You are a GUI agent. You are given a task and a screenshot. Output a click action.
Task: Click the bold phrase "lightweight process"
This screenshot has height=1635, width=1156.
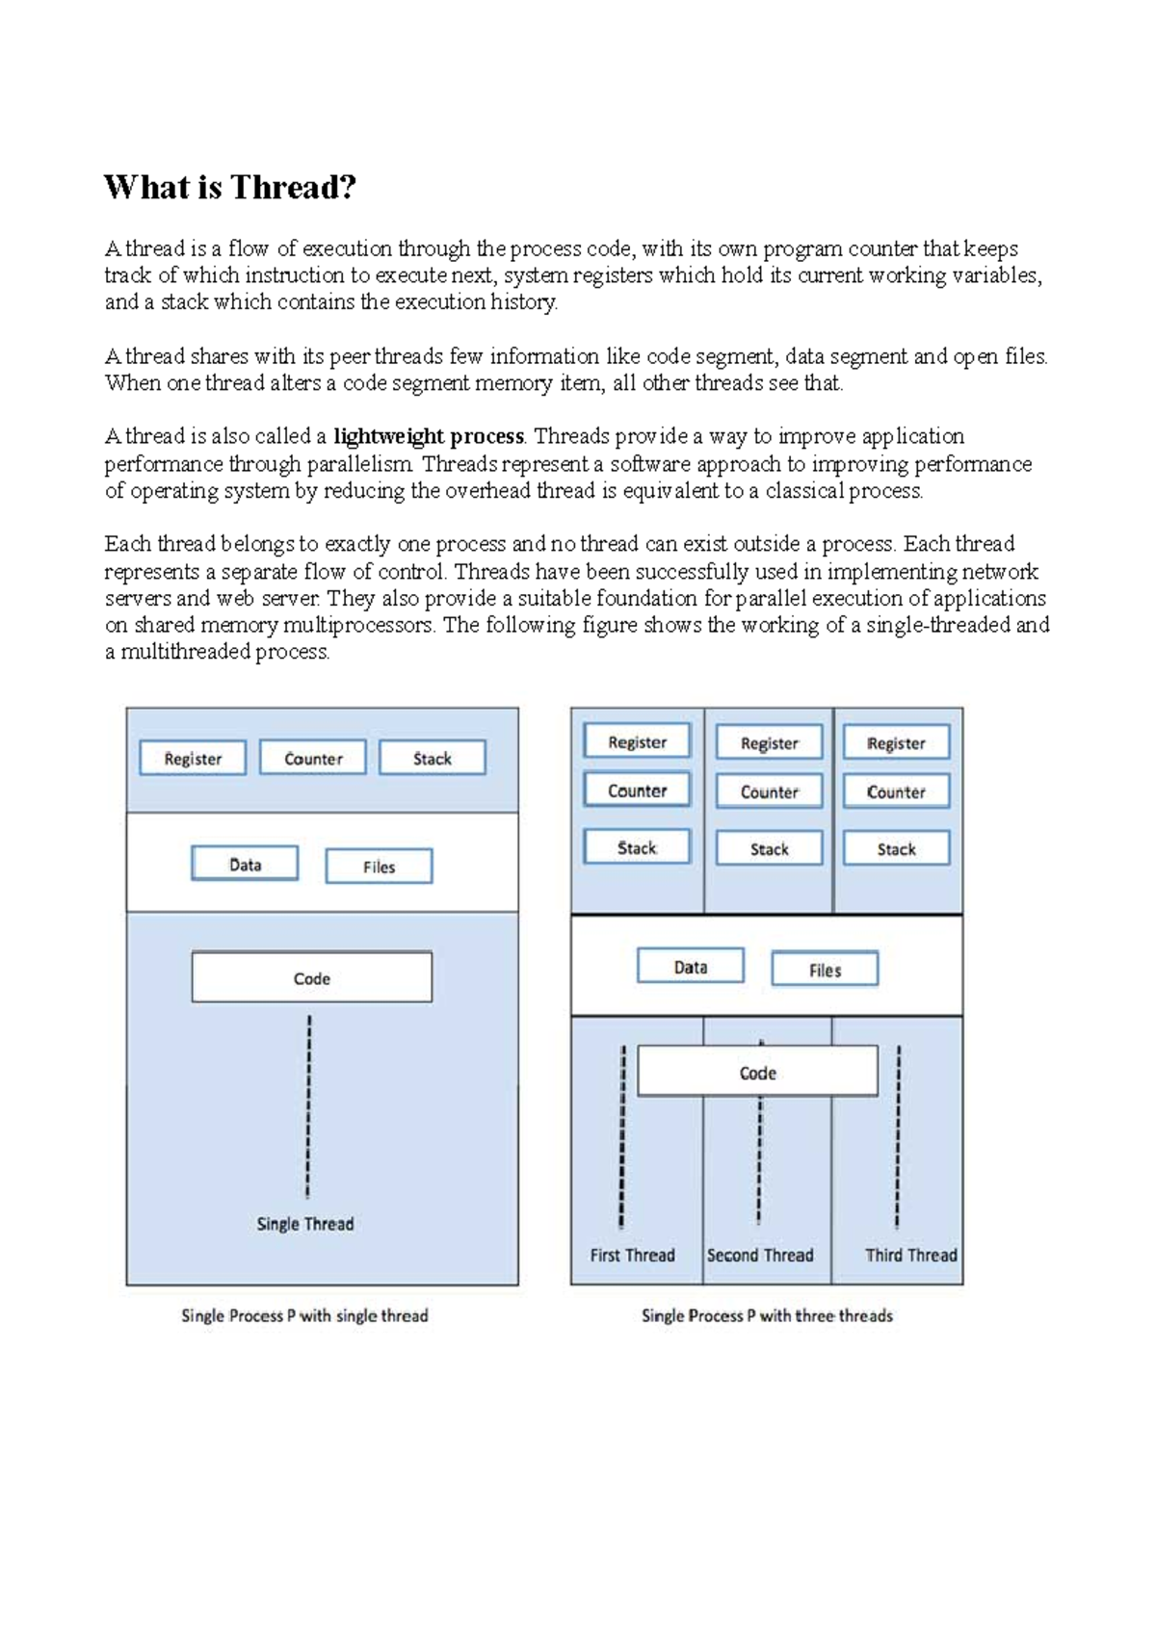click(428, 436)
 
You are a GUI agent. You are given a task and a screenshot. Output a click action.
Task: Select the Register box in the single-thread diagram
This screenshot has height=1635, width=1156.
click(193, 759)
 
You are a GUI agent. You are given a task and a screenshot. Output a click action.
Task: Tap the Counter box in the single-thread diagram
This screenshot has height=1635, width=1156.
click(313, 759)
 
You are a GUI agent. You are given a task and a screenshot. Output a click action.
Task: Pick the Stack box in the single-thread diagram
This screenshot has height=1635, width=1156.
click(433, 759)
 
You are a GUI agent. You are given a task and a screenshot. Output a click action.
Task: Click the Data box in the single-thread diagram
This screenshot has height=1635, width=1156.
click(245, 865)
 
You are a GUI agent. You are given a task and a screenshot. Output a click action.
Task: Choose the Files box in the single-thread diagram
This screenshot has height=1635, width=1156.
click(379, 867)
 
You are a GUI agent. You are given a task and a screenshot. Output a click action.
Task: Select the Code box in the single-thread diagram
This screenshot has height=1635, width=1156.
click(312, 978)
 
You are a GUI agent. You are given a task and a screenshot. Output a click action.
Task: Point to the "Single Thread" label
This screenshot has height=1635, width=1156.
click(304, 1224)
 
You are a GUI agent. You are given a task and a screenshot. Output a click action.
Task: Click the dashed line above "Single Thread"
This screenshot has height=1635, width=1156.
click(308, 1107)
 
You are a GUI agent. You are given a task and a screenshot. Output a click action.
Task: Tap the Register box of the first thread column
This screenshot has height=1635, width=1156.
click(637, 742)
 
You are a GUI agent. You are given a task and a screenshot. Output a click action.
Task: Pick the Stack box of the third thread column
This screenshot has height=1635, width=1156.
click(896, 849)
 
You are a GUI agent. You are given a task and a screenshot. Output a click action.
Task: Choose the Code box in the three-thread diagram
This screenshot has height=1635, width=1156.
click(757, 1073)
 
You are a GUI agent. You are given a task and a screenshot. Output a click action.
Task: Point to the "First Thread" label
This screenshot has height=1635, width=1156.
click(632, 1255)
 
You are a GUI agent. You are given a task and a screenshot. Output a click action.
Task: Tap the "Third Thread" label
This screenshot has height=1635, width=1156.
click(910, 1255)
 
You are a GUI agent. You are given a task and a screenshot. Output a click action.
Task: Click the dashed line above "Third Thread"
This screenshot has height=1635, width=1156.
click(898, 1136)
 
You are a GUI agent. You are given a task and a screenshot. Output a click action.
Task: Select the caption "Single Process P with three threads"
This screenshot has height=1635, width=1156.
click(767, 1315)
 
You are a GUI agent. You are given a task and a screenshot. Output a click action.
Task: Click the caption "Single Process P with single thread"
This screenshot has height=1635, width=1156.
click(304, 1315)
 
